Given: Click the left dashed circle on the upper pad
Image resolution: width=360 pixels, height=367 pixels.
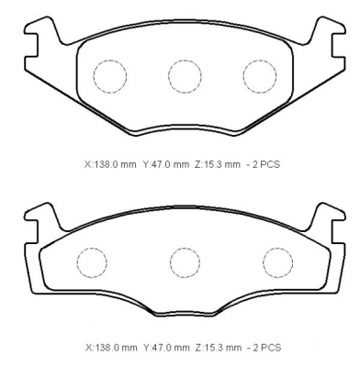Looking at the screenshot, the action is click(94, 76).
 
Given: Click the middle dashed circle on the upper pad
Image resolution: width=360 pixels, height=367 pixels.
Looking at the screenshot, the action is click(168, 76).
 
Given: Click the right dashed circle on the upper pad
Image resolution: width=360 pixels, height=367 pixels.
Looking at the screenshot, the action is click(243, 76).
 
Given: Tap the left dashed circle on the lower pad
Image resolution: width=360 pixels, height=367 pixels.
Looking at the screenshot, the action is click(77, 262).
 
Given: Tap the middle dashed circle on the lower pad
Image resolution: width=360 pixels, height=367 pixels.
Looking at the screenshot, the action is click(170, 262).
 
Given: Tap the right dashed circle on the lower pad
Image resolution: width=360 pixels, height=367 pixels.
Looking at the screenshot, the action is click(264, 262).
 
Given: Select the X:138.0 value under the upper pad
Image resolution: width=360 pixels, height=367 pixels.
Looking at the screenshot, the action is click(110, 164).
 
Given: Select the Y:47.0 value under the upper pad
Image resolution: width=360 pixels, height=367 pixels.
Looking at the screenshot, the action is click(166, 164).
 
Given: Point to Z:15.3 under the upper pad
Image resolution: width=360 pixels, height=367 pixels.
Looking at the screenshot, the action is click(218, 164).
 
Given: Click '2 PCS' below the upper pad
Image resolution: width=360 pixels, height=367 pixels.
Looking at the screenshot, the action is click(265, 164).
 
